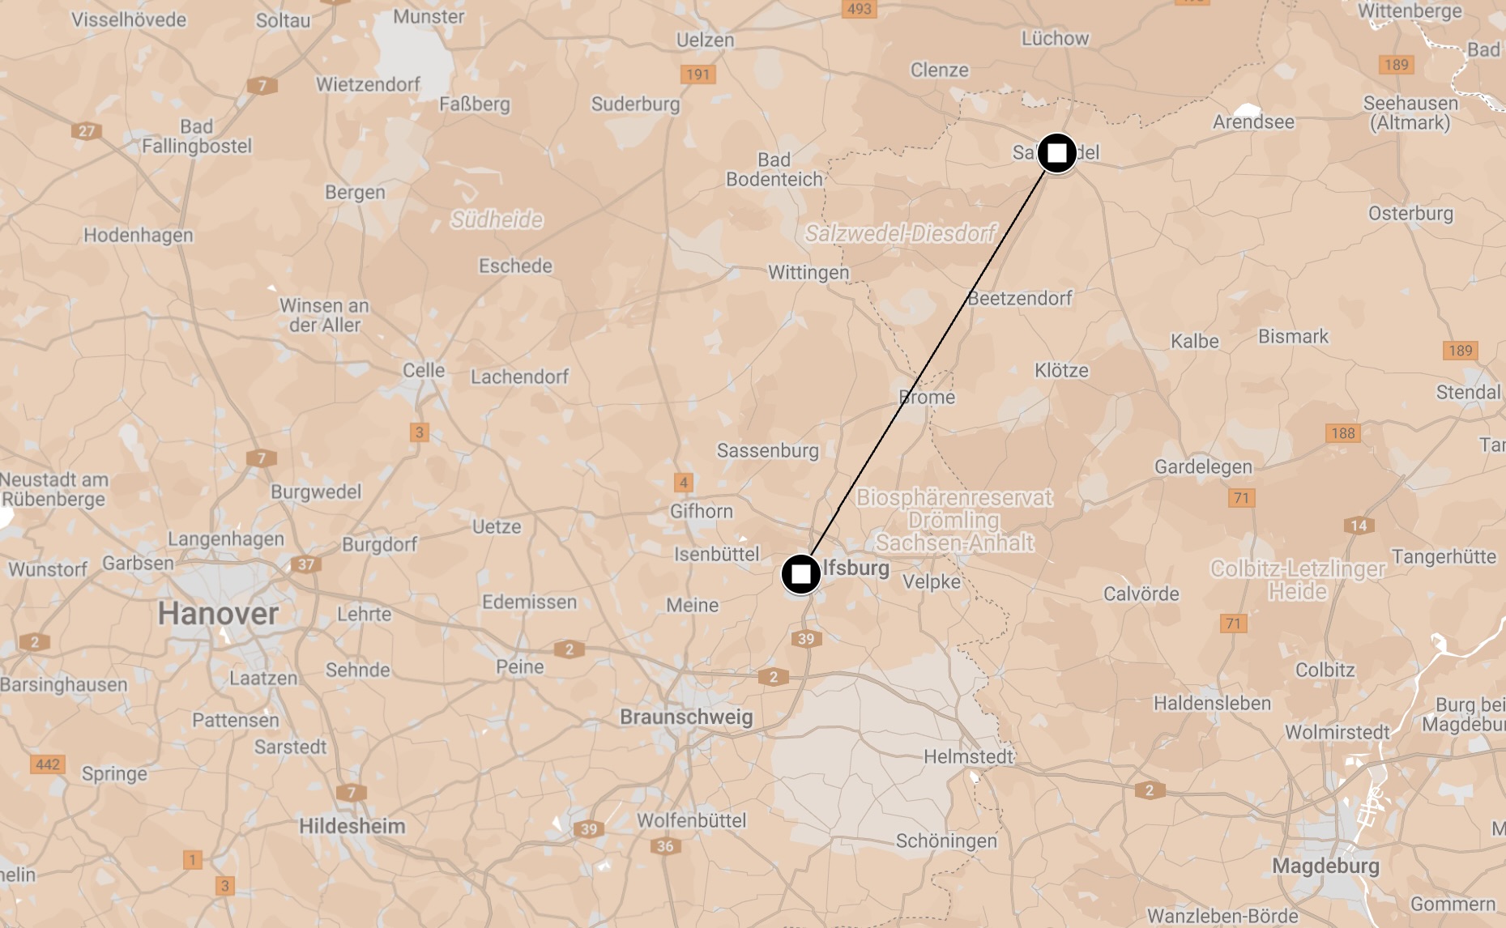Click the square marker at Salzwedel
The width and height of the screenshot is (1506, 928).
pos(1056,153)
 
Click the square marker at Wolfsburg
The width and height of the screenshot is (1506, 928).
pos(800,574)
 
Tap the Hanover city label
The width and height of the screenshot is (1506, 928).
pos(218,613)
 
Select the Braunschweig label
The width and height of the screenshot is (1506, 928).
pos(686,717)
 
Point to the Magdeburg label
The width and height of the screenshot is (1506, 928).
pos(1325,866)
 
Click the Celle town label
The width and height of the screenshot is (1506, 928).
pos(424,370)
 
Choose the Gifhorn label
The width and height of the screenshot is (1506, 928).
pos(701,511)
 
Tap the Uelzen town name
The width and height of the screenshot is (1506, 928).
pos(705,40)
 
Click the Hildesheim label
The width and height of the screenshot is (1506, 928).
pos(352,826)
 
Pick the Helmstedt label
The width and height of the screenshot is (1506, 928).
pos(968,756)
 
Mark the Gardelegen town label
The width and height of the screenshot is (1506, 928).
pos(1203,466)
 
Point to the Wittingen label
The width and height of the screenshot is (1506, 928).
pos(808,272)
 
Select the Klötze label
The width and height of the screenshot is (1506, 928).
pos(1061,370)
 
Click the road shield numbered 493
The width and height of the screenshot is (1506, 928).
pos(859,9)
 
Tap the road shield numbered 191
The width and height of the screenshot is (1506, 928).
pos(698,74)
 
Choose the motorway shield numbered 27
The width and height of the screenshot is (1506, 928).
pos(86,130)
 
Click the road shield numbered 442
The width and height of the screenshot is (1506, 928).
pos(47,764)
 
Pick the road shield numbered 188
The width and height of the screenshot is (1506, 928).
pos(1342,433)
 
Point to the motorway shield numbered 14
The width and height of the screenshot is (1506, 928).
pos(1359,526)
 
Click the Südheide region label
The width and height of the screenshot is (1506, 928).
pos(497,219)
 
